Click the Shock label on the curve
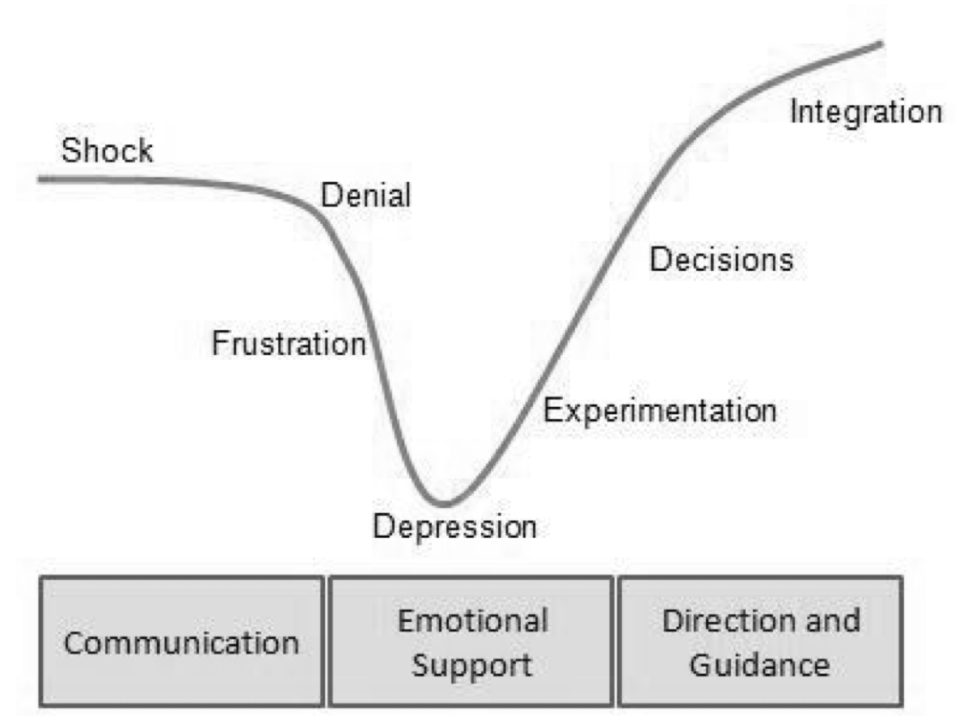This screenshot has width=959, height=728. (x=108, y=151)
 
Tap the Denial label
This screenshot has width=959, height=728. (x=365, y=196)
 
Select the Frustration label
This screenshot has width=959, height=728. (x=289, y=344)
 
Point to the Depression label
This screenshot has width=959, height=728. (x=454, y=527)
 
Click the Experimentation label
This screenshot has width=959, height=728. (x=659, y=411)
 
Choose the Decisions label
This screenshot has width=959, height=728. (x=721, y=260)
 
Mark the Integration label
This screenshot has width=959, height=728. (x=865, y=112)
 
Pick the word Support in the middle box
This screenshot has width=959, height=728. (x=472, y=665)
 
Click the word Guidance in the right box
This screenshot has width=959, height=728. (x=760, y=665)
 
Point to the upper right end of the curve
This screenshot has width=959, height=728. (x=881, y=42)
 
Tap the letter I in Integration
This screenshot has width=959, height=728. (x=795, y=111)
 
